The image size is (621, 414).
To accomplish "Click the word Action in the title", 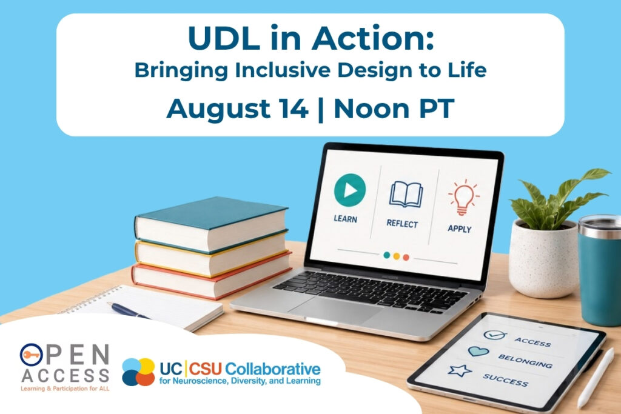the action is [x=373, y=38].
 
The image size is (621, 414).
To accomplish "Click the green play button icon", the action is [x=350, y=190].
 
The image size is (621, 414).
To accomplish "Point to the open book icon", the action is [x=406, y=195].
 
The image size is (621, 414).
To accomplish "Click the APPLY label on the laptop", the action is [x=460, y=229].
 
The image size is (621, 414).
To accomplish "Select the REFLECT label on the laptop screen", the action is [x=402, y=224].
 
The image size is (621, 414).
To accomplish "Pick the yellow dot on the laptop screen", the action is [x=397, y=256].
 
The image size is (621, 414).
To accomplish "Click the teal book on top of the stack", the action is [x=212, y=224].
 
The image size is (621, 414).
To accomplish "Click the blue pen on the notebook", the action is [x=129, y=310].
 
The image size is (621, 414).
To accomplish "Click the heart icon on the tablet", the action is [x=478, y=351].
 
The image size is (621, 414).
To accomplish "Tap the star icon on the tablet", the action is [x=460, y=370].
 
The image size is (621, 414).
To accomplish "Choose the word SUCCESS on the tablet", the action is [x=505, y=380].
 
